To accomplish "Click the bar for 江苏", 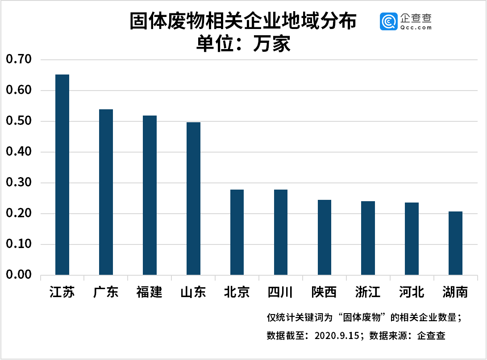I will (62, 174).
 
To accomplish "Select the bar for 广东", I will (106, 192).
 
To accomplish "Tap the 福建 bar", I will (150, 195).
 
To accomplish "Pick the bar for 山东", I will (193, 199).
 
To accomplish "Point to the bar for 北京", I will (237, 232).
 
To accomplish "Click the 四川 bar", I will (281, 232).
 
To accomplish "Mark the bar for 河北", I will (412, 239).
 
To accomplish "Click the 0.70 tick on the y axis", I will (19, 59).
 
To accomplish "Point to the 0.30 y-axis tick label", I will (19, 182).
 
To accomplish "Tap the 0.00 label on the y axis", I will (19, 275).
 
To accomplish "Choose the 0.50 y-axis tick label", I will (19, 121).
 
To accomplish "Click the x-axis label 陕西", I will (324, 293).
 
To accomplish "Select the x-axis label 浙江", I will (368, 293).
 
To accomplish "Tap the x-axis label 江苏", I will (62, 293).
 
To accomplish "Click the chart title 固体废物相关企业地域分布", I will (243, 21).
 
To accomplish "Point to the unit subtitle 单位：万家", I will (243, 44).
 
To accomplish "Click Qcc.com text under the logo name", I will (416, 27).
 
